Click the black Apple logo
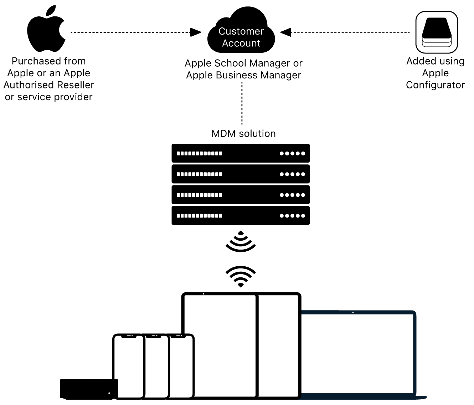[x=46, y=30]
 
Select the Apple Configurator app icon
[x=437, y=32]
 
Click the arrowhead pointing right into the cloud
[x=196, y=32]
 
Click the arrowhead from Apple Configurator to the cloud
[x=286, y=32]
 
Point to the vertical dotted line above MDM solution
[x=242, y=103]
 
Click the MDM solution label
[x=243, y=134]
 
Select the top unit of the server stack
[x=241, y=153]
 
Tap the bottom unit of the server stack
[x=241, y=215]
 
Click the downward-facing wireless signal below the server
[x=241, y=241]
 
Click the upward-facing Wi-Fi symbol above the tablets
[x=241, y=276]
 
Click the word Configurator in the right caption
[x=435, y=85]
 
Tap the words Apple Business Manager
[x=243, y=75]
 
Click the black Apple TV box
[x=88, y=389]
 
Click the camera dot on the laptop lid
[x=353, y=312]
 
